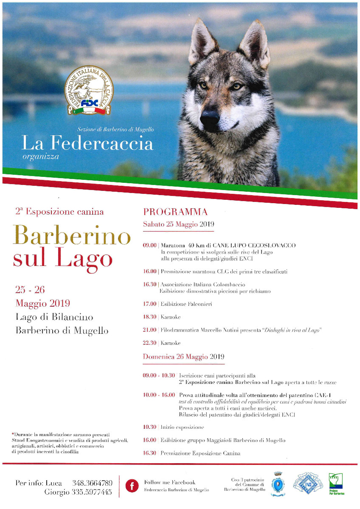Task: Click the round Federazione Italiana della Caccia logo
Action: [89, 90]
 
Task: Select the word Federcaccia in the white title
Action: [101, 144]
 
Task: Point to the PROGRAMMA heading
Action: [175, 212]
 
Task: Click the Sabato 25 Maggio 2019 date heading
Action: [178, 224]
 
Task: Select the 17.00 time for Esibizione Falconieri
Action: [150, 304]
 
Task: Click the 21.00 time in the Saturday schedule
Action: [150, 330]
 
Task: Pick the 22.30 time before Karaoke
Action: [150, 343]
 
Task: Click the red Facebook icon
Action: [132, 486]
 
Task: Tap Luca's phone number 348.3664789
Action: [92, 483]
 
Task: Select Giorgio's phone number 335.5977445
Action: [92, 492]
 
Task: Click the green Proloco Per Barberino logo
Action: [336, 484]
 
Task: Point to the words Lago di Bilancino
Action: [54, 317]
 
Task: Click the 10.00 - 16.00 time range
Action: [159, 395]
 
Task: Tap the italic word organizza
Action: [41, 157]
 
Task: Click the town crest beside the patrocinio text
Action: [278, 483]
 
